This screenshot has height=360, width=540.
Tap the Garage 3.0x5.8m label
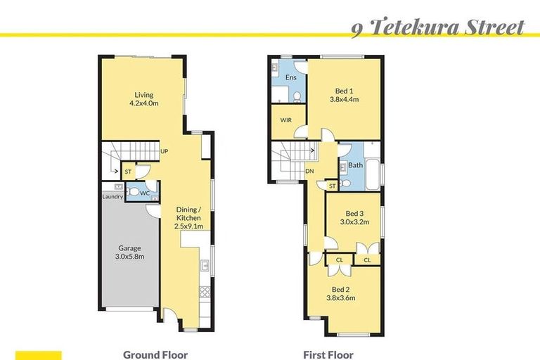pos(129,252)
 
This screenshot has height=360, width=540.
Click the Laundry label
pos(112,197)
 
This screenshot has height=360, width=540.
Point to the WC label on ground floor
pos(146,192)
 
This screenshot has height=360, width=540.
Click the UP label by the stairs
pos(164,151)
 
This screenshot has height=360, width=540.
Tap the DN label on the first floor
pos(309,172)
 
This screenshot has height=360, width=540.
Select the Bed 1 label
pos(345,95)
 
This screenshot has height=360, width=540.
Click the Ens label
pos(289,77)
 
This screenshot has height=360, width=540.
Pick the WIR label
pos(285,120)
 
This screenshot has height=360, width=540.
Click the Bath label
pos(356,166)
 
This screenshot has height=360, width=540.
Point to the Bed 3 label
pos(354,217)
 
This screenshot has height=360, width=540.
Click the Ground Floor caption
pos(155,355)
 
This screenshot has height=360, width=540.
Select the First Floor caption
pos(328,355)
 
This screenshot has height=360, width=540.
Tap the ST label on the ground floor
pos(128,172)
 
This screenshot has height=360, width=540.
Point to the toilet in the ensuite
pos(297,96)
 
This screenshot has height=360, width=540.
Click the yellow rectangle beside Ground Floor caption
pos(39,355)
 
